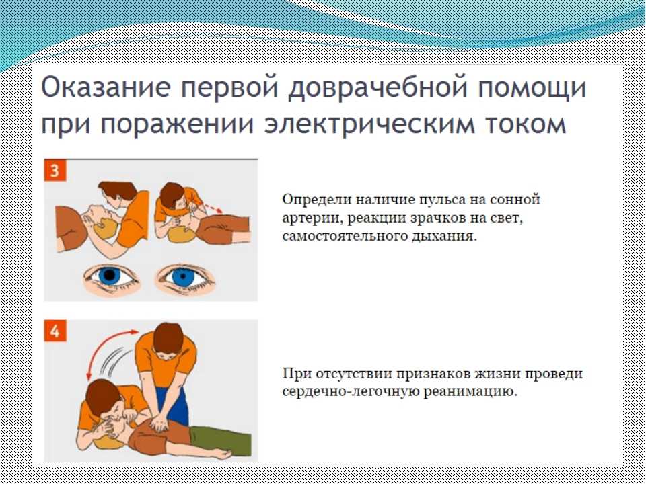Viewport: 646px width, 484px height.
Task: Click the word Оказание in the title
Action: [x=106, y=87]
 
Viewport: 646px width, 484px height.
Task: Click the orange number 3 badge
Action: [x=55, y=170]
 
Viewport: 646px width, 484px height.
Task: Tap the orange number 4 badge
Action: [x=55, y=331]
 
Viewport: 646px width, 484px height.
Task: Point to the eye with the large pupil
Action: [x=110, y=276]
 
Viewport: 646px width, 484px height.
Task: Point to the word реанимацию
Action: [x=470, y=392]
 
